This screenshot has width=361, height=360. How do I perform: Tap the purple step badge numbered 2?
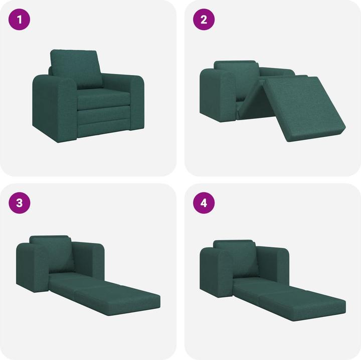pos(204,20)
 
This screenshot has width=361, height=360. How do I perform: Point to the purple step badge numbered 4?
pos(204,203)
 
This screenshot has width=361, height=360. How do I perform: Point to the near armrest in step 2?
pos(217,95)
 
